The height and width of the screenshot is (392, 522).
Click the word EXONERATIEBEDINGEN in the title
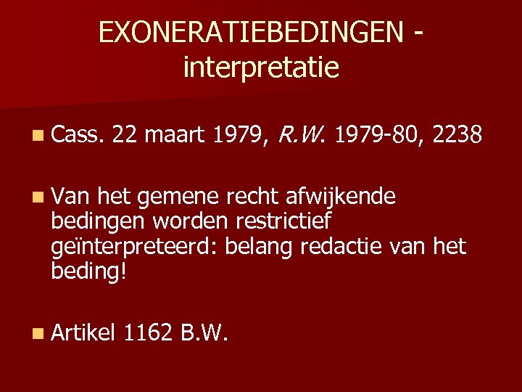point(249,32)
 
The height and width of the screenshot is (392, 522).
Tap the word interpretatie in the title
point(261,68)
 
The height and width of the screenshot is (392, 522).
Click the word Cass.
point(78,134)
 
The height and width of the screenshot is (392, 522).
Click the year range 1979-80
point(381,134)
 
